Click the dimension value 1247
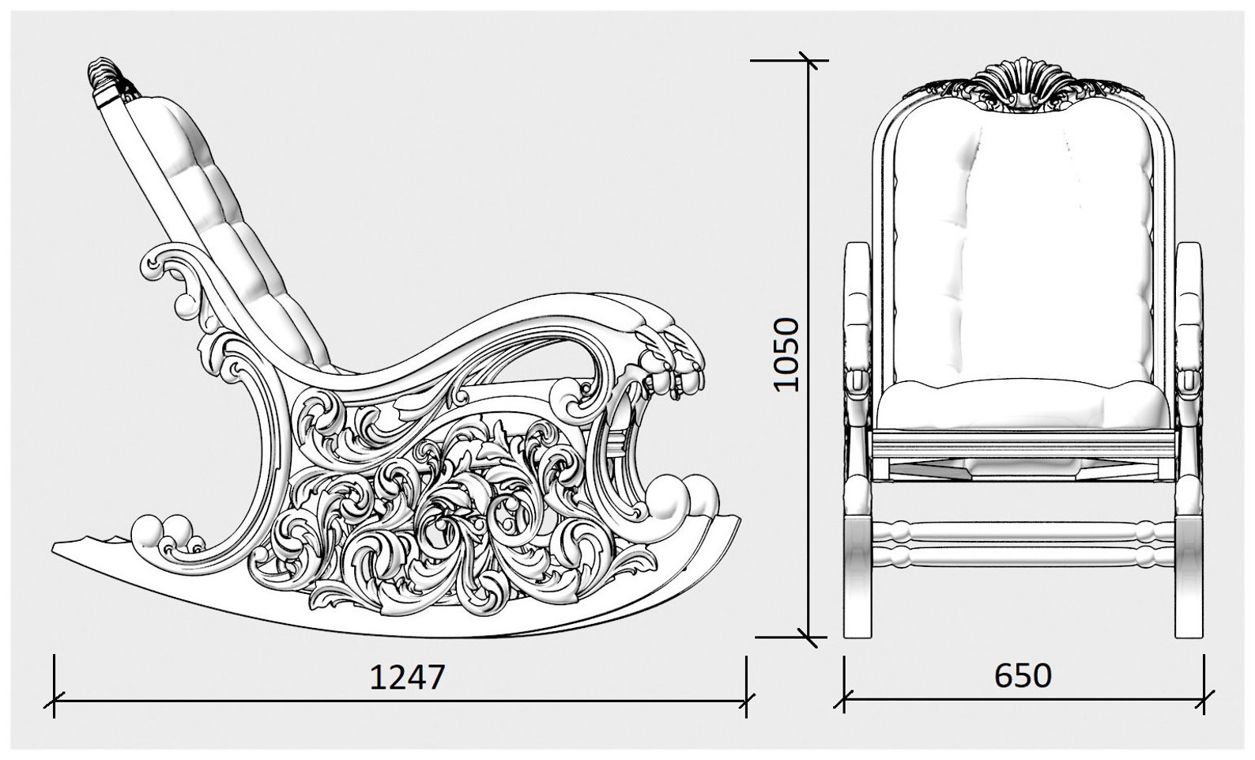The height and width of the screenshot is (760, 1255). [408, 677]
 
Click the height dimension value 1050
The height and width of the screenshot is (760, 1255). [787, 354]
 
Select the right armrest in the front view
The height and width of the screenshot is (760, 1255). [1188, 316]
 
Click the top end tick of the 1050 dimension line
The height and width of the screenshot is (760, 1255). [808, 60]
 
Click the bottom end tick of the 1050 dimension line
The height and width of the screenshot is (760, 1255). [808, 636]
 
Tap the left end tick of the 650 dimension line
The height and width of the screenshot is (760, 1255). [845, 700]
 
